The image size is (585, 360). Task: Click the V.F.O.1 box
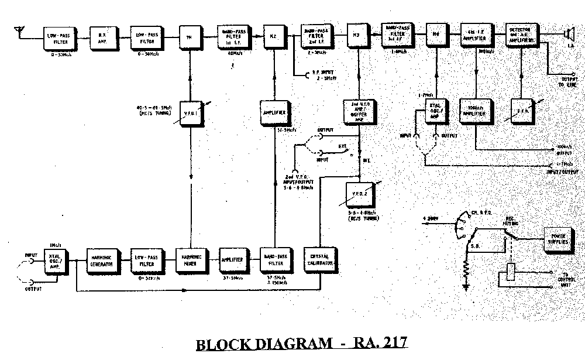click(191, 111)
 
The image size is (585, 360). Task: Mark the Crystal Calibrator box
click(320, 260)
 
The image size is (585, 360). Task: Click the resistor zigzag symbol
click(466, 272)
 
